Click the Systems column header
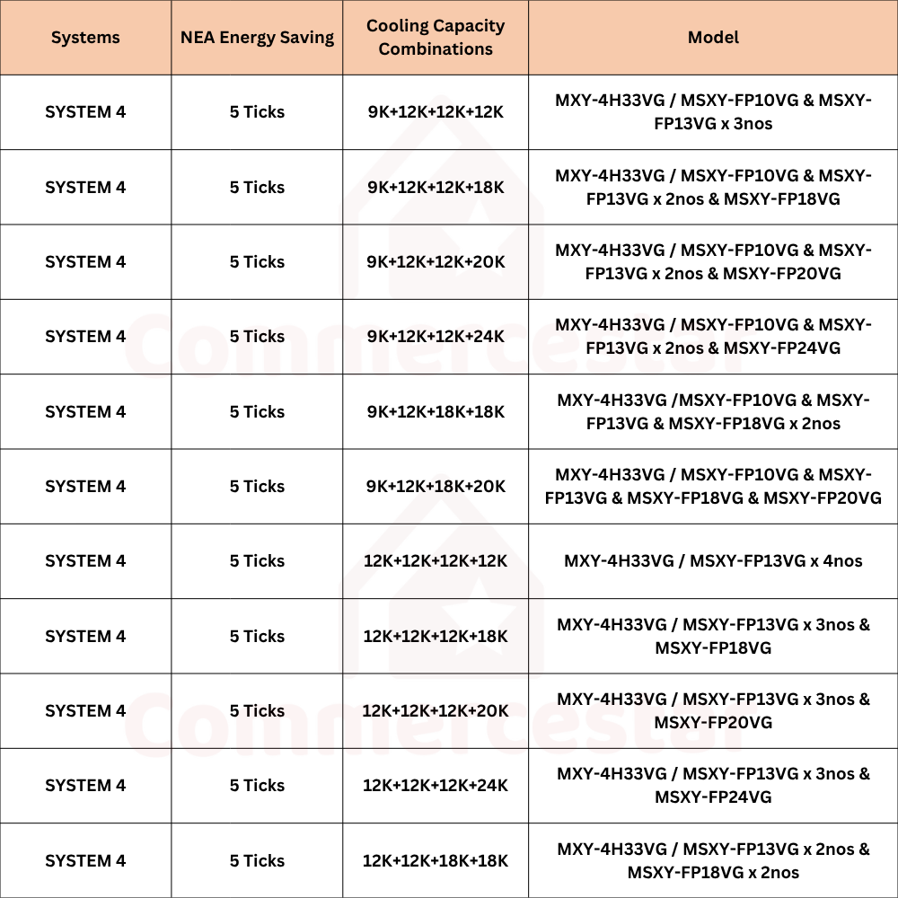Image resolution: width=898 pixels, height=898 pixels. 85,38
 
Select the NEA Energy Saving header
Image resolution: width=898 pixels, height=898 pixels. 257,38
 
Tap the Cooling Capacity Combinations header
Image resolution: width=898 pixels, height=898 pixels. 436,38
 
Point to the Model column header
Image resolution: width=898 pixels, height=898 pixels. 713,38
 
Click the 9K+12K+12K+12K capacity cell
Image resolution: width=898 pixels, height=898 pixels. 436,112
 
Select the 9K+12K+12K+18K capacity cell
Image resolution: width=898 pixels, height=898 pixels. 436,187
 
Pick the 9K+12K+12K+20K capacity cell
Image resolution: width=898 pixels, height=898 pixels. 436,261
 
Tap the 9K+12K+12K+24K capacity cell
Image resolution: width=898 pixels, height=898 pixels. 436,337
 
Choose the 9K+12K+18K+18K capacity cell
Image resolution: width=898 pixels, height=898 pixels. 436,411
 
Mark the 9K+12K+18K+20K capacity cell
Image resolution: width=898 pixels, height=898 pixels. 436,486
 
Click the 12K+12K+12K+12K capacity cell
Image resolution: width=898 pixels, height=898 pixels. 436,561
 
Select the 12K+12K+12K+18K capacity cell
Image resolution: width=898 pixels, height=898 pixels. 436,636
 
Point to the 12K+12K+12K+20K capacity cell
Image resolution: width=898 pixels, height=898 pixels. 436,710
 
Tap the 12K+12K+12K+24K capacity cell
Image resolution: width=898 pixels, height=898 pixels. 436,786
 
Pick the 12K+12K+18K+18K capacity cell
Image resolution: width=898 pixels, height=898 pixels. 436,860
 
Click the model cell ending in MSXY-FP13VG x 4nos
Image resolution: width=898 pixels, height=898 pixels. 713,561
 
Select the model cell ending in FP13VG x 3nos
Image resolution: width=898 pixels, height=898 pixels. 713,112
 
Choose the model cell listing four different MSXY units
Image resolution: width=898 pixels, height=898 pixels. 713,486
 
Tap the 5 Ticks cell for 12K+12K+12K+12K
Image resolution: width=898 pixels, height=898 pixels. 257,561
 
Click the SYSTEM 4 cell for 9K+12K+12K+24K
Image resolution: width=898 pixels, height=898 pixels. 85,337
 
